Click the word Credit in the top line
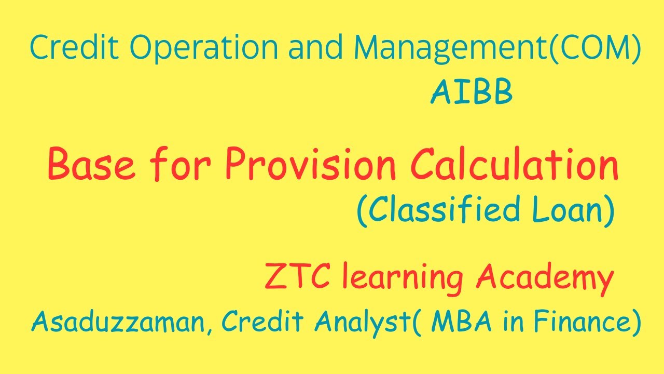coord(75,47)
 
